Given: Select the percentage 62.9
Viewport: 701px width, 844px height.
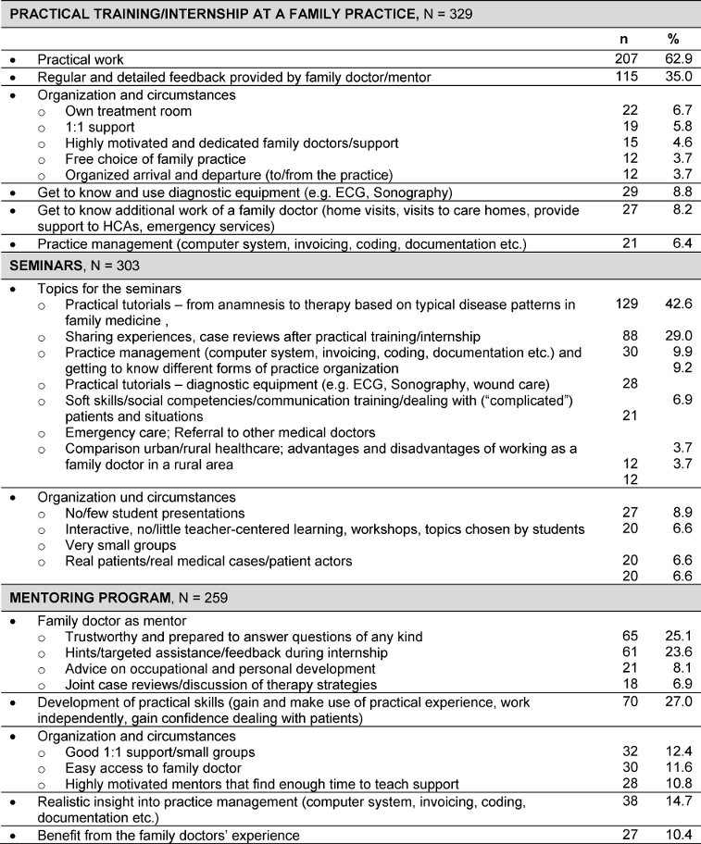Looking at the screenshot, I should point(673,58).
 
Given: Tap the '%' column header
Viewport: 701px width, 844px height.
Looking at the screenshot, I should point(673,41).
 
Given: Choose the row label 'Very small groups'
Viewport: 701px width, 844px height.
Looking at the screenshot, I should point(119,545).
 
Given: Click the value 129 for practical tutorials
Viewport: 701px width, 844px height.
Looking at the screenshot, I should point(629,304).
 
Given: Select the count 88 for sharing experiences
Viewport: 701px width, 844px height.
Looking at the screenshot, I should point(629,335).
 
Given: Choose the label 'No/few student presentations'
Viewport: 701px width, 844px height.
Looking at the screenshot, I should point(156,513).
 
